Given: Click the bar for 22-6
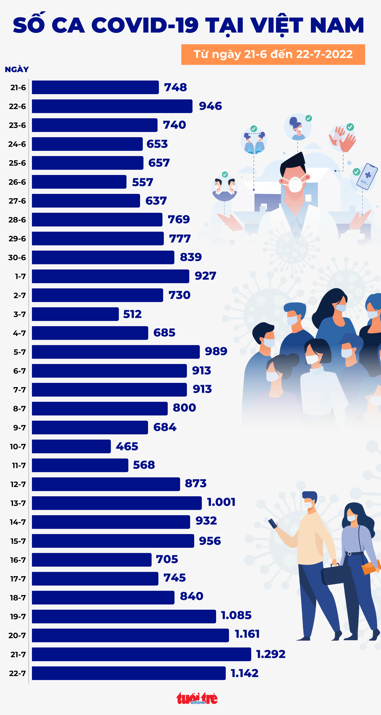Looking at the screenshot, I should click(112, 106).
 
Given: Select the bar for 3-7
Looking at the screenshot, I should click(75, 314).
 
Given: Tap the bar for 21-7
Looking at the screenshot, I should click(141, 654).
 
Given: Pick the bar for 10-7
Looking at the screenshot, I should click(71, 446).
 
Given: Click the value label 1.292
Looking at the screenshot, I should click(271, 654).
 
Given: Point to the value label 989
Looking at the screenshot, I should click(216, 351).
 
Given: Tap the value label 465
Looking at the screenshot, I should click(127, 446).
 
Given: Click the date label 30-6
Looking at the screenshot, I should click(17, 258).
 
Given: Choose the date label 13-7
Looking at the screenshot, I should click(18, 503).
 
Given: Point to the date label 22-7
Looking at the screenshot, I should click(17, 673).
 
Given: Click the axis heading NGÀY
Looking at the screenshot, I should click(17, 69).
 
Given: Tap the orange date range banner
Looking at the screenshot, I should click(273, 54).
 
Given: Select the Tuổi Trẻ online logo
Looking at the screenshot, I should click(197, 698).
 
